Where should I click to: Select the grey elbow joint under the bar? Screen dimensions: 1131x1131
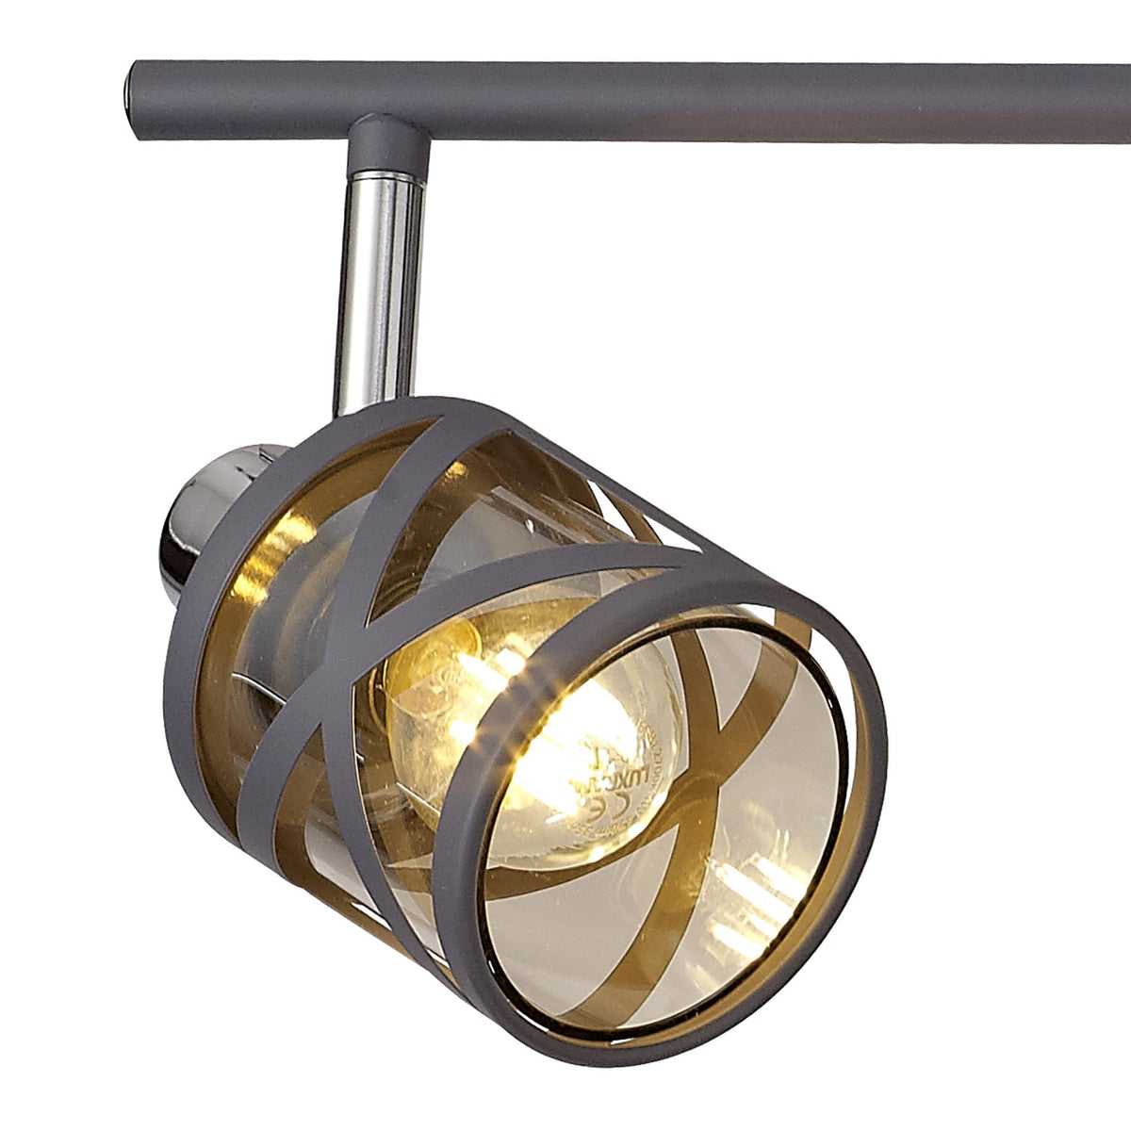click(387, 143)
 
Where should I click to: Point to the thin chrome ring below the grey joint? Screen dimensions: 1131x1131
click(385, 177)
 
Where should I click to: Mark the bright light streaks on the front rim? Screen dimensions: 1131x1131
click(528, 679)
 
